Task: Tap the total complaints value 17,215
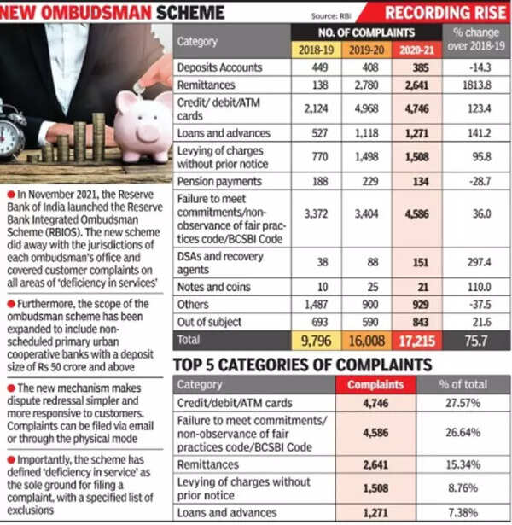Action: pos(416,341)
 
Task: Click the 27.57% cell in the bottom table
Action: pos(461,401)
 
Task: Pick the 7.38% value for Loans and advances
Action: pos(461,515)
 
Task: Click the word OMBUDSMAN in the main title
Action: pos(101,13)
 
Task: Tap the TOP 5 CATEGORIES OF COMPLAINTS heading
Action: pos(301,365)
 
